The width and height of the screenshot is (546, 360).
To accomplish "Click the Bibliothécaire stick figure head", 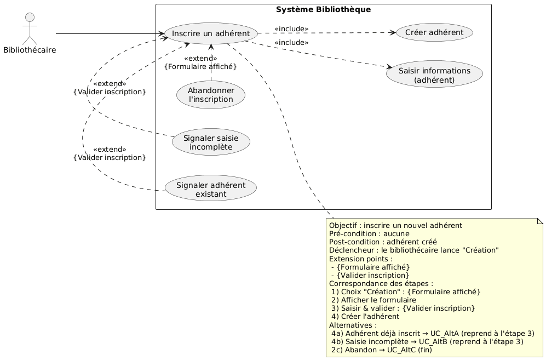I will pyautogui.click(x=28, y=16).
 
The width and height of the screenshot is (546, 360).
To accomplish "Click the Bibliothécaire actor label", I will pyautogui.click(x=29, y=51).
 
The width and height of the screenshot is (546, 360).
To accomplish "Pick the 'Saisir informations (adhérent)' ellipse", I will pyautogui.click(x=434, y=75).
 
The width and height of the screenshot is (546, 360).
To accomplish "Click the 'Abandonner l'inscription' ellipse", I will pyautogui.click(x=211, y=95).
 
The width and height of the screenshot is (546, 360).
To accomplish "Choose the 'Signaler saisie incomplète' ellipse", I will pyautogui.click(x=211, y=142).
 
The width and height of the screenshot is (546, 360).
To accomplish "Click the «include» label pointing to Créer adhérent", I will pyautogui.click(x=291, y=28).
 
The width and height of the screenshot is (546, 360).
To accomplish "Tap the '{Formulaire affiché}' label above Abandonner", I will pyautogui.click(x=200, y=67).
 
